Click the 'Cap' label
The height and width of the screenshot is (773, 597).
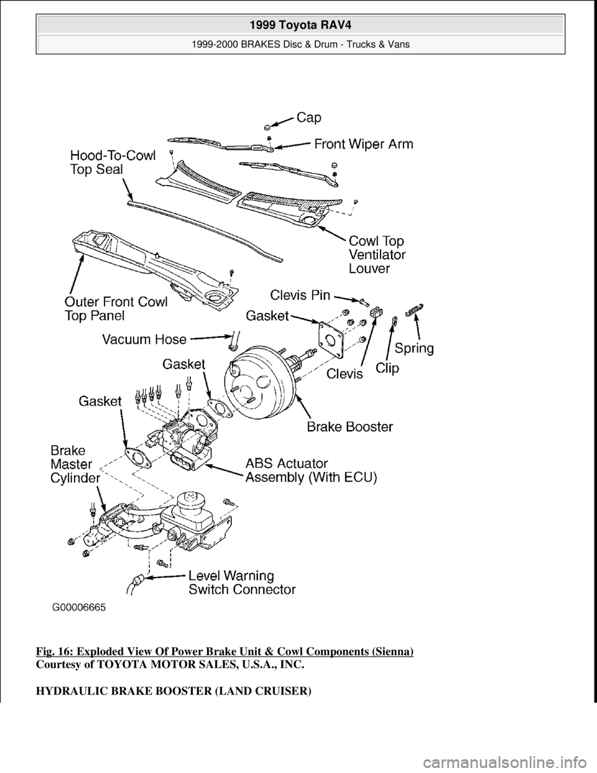(x=313, y=116)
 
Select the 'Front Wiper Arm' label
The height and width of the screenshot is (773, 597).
(x=363, y=144)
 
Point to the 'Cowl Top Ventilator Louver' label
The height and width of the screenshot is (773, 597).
(x=377, y=255)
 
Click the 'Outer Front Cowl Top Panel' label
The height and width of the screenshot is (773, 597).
(x=116, y=309)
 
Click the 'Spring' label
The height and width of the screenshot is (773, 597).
(x=414, y=348)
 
